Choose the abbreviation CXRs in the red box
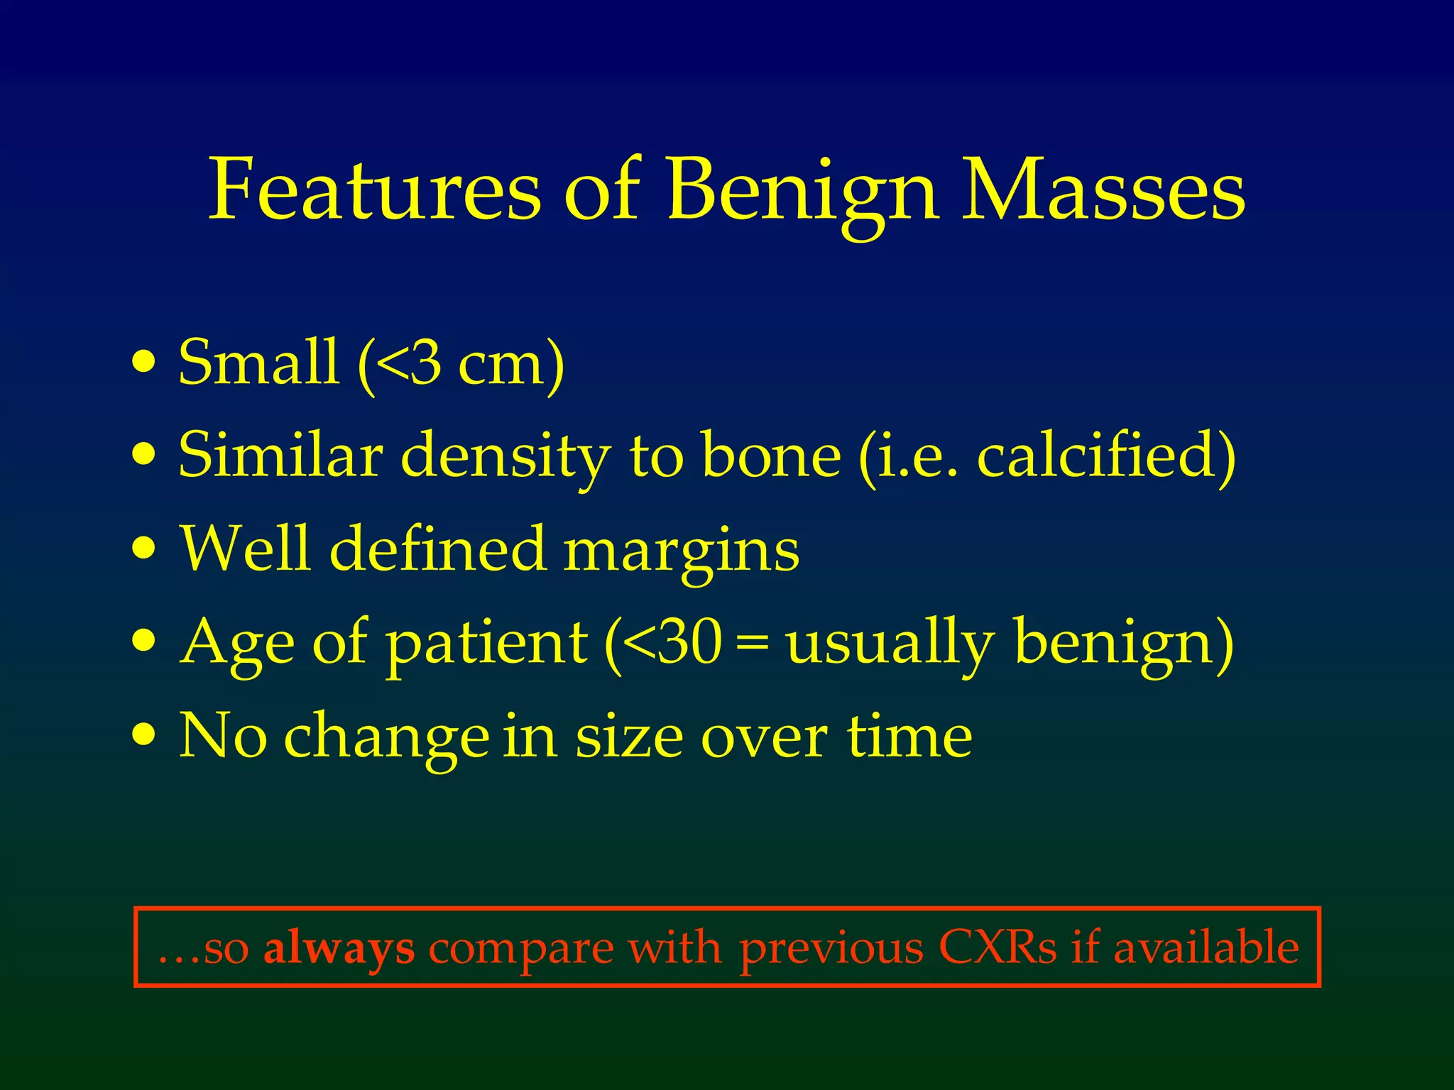pyautogui.click(x=997, y=947)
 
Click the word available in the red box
pyautogui.click(x=1206, y=947)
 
